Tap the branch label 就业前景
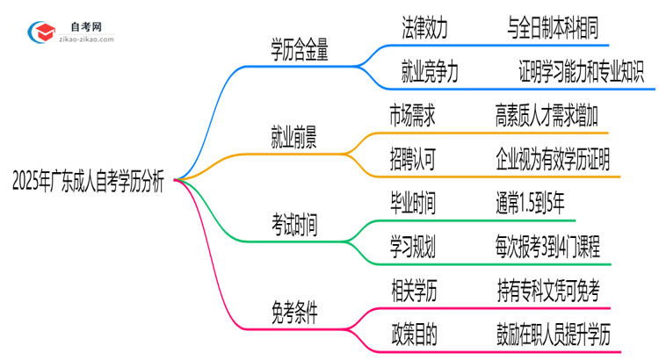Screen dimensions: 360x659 pos(294,138)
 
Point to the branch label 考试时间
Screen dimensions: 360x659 pos(294,225)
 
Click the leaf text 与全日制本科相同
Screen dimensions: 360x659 pos(554,30)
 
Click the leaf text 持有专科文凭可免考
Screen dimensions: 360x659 pos(554,288)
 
